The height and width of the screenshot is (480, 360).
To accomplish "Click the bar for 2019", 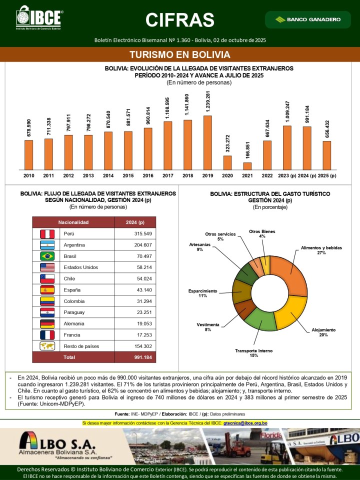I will (x=207, y=142).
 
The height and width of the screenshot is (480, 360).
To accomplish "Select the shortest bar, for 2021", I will (x=247, y=166).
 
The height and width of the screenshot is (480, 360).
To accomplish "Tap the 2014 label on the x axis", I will (x=107, y=175).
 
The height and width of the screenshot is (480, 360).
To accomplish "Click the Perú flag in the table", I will (x=46, y=233).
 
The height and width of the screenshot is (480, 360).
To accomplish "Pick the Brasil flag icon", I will (x=46, y=256).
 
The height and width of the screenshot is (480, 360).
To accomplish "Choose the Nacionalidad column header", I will (x=73, y=222).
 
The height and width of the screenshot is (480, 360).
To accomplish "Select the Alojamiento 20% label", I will (x=323, y=332).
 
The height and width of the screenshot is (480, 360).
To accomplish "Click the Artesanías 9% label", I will (x=199, y=246).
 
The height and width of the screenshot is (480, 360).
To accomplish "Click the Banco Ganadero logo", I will (x=308, y=19).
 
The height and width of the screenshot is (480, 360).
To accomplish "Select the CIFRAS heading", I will (x=180, y=20).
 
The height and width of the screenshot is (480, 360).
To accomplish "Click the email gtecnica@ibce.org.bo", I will (x=245, y=423).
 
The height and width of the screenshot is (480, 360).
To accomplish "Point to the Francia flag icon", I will (x=46, y=334).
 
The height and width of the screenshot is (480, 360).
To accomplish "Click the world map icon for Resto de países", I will (x=46, y=346).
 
